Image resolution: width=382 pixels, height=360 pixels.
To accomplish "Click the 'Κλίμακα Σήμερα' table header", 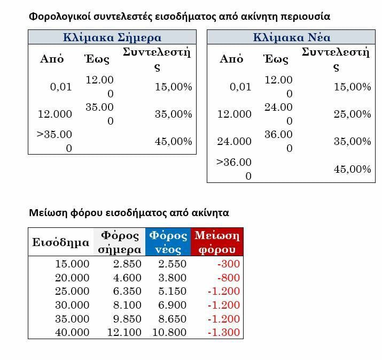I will click(112, 37).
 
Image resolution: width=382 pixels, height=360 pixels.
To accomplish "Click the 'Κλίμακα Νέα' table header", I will click(291, 37).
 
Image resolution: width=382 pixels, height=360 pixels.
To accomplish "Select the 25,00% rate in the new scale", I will click(352, 114).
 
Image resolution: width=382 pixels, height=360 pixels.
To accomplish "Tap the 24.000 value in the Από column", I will click(234, 141).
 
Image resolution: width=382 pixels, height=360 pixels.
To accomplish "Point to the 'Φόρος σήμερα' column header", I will click(120, 242).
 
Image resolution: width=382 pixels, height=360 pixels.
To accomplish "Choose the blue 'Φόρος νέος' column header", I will click(168, 242).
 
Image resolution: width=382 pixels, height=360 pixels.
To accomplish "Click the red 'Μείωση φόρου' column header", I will click(217, 242).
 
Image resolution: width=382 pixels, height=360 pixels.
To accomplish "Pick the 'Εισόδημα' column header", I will click(60, 242).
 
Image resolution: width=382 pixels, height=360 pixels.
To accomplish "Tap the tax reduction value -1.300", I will click(224, 332).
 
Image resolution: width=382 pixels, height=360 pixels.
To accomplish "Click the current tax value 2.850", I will click(127, 264).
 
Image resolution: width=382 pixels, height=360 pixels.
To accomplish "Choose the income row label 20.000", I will click(72, 278).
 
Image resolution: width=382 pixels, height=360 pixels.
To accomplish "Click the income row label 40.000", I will click(72, 332).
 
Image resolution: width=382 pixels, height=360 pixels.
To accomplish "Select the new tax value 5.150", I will click(172, 292).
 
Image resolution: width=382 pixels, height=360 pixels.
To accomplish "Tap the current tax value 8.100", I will click(127, 305).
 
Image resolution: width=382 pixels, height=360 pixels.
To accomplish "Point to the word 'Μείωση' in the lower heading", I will click(47, 212).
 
